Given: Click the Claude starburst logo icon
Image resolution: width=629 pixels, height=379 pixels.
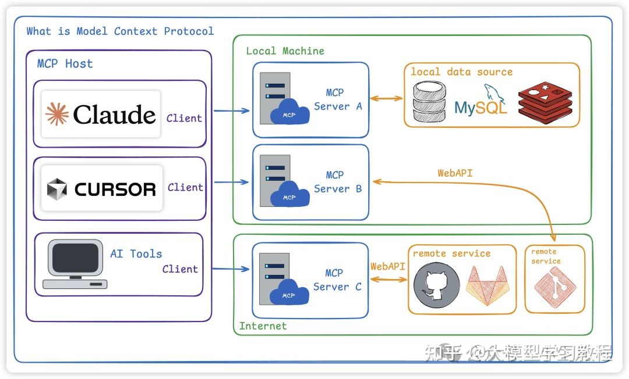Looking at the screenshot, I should [x=57, y=115].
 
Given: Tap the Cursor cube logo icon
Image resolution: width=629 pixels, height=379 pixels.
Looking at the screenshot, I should [x=57, y=189].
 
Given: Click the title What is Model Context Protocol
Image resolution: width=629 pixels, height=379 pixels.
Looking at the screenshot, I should [x=120, y=31].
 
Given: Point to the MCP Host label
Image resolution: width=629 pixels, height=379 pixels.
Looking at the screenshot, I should [x=65, y=64].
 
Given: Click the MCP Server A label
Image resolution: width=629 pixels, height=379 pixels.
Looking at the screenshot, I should [x=338, y=99].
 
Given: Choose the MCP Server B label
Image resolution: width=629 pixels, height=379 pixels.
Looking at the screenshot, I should [x=338, y=182].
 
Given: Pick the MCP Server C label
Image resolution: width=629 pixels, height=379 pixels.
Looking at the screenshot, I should [x=337, y=280].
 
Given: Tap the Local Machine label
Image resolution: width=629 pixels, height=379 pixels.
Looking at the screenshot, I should [x=285, y=51].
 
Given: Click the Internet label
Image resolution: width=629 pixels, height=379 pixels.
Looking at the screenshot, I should [x=263, y=326].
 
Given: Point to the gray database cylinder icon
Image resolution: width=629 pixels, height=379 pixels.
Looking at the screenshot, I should [x=429, y=101].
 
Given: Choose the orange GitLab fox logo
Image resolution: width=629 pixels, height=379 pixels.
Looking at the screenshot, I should [x=489, y=285].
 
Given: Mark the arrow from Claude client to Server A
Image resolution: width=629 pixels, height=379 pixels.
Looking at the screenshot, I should [x=231, y=110].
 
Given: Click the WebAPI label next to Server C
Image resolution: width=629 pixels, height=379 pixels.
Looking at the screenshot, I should [x=388, y=267].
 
